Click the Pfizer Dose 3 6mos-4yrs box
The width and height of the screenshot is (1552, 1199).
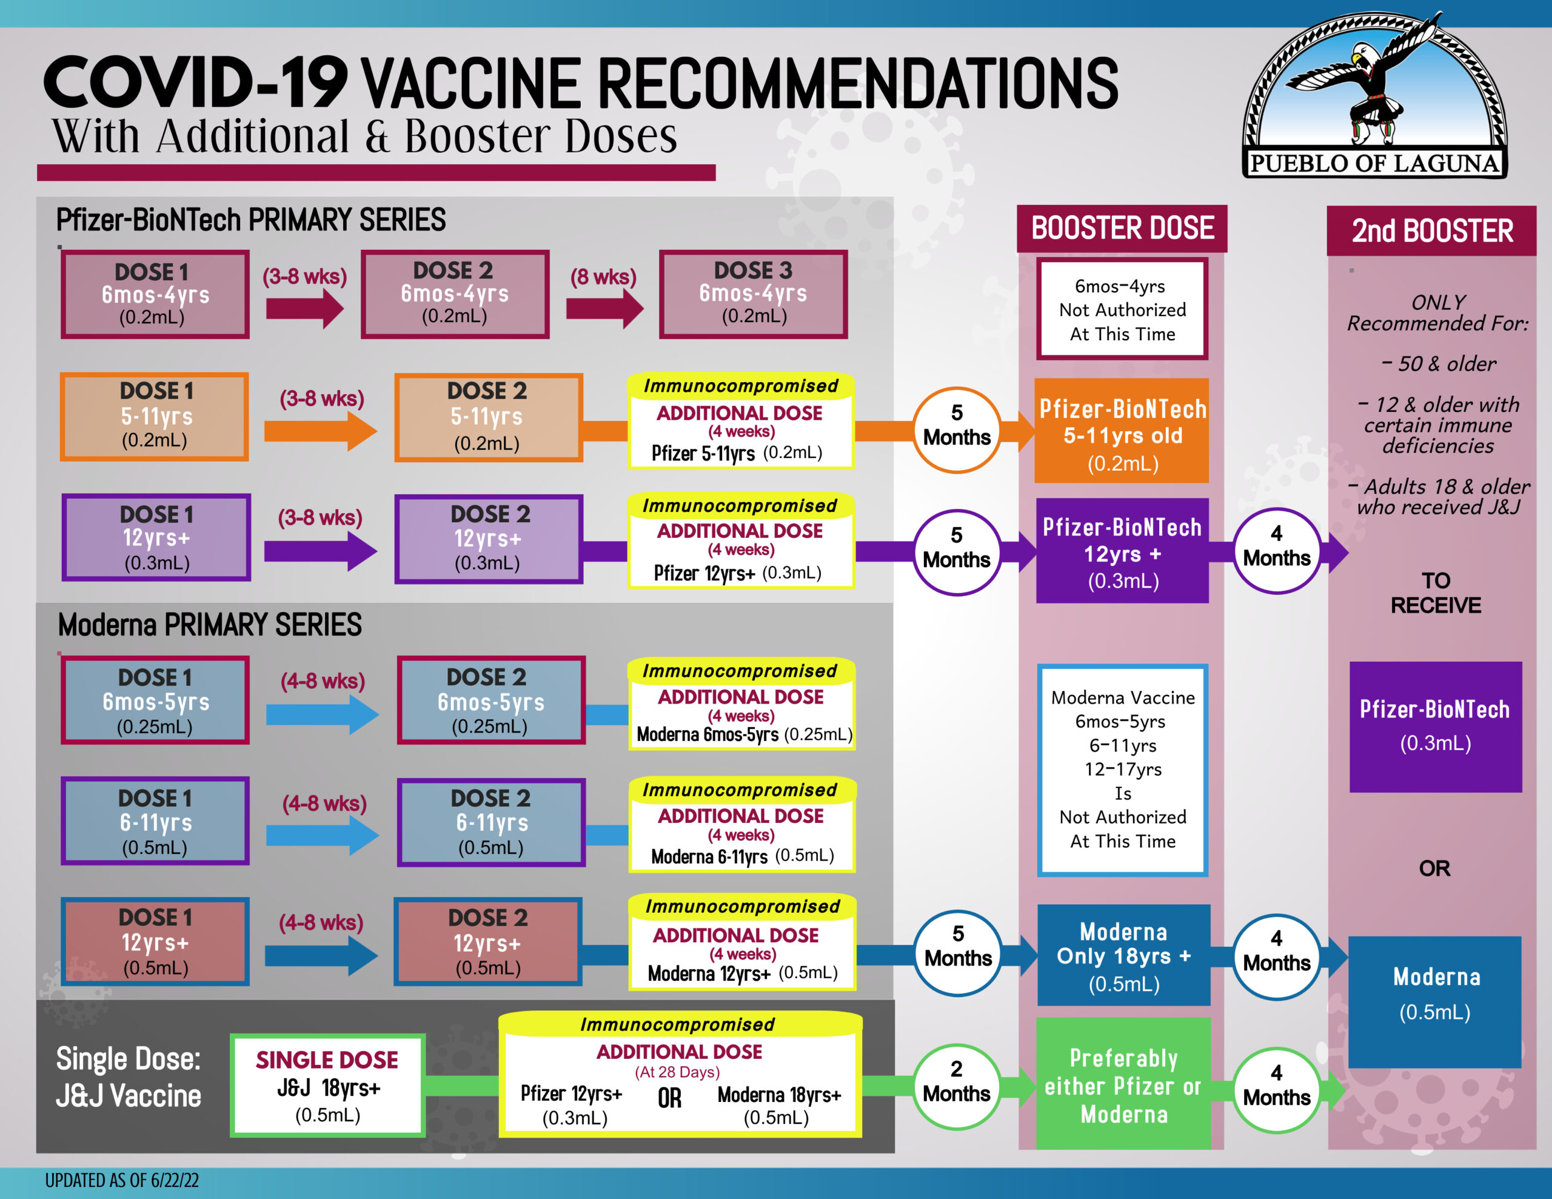[x=753, y=294]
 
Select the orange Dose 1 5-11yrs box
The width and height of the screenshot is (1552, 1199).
[x=155, y=417]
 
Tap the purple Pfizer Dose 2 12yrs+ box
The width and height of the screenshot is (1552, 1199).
[x=489, y=539]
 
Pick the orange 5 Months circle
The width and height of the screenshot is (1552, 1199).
[x=957, y=429]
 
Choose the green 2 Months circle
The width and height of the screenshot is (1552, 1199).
[x=957, y=1087]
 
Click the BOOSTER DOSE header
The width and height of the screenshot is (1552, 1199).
[x=1122, y=228]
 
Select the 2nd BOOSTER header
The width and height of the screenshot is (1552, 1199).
[x=1432, y=231]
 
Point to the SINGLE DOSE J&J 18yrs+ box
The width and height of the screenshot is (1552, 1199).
[x=327, y=1085]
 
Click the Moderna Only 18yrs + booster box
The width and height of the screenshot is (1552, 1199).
[x=1123, y=955]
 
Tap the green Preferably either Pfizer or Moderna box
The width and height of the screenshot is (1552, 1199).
[x=1123, y=1084]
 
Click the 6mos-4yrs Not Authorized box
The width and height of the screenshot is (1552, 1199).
[x=1123, y=309]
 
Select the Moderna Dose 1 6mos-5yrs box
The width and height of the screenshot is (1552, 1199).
[x=155, y=700]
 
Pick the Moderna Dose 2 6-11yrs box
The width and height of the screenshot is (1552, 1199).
[x=491, y=822]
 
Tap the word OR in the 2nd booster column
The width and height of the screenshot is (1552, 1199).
[x=1435, y=868]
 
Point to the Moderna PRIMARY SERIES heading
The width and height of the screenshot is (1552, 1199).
[x=210, y=625]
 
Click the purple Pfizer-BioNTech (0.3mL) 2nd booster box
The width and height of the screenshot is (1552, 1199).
[x=1436, y=727]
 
